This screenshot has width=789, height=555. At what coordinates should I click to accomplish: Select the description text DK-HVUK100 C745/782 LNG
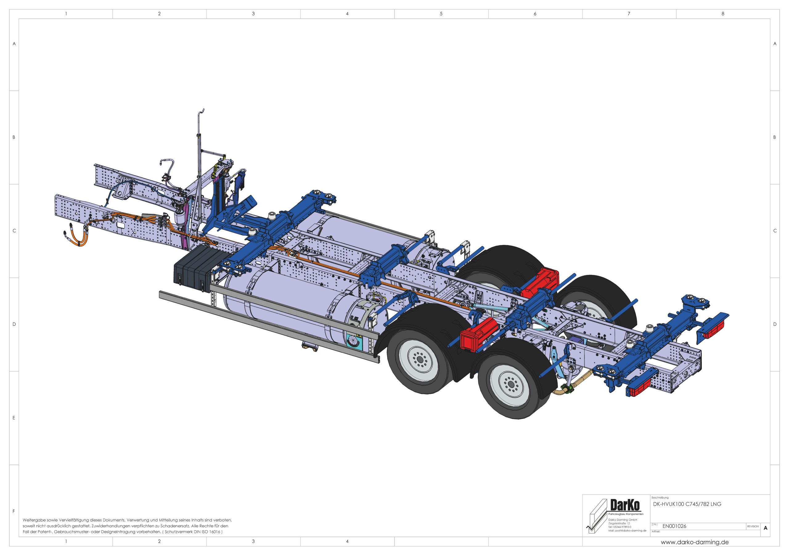(687, 504)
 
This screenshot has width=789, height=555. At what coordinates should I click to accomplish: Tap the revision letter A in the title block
(765, 528)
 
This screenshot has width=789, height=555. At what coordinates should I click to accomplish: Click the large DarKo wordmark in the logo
(625, 505)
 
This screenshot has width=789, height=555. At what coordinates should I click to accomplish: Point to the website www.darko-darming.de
(694, 542)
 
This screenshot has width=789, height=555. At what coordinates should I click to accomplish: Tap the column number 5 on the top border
(441, 14)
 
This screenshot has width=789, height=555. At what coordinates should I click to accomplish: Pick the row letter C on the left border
(14, 231)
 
